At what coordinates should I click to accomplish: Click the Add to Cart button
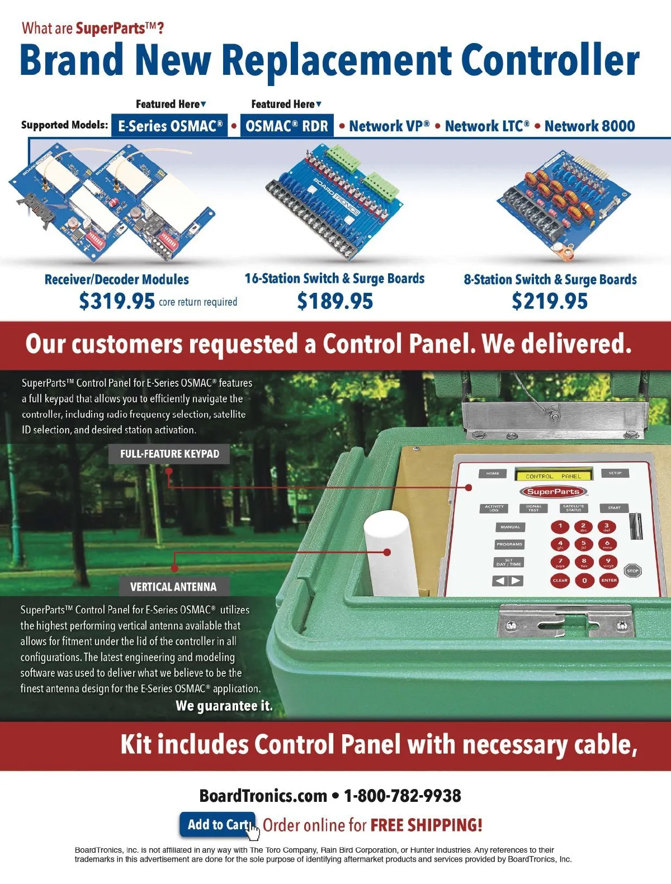tap(218, 825)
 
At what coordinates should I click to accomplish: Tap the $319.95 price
tap(117, 302)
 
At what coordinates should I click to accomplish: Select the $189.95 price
tap(335, 302)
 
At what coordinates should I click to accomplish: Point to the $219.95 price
tap(550, 302)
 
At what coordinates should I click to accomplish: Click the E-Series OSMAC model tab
tap(170, 126)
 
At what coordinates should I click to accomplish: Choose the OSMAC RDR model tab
tap(287, 126)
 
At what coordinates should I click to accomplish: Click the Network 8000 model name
tap(589, 126)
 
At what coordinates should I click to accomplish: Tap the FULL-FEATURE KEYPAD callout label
tap(169, 454)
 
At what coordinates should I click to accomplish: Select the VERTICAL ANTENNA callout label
tap(173, 587)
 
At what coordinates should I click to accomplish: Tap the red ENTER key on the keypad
tap(609, 580)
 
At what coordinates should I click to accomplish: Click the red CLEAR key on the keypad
tap(560, 580)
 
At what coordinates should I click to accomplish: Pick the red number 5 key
tap(584, 544)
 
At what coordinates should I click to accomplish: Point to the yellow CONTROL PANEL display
tap(553, 476)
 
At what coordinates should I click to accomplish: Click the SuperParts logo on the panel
tap(553, 492)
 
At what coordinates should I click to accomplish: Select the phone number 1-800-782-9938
tap(402, 796)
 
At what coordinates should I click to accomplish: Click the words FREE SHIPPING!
tap(426, 825)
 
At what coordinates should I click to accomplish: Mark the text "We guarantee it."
tap(224, 706)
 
